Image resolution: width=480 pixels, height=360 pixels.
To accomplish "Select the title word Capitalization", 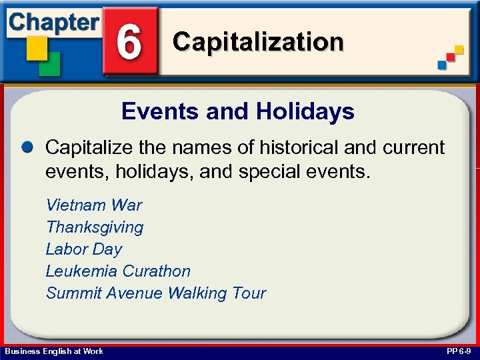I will (x=258, y=42).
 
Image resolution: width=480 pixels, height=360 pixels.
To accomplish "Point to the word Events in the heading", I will (x=161, y=111).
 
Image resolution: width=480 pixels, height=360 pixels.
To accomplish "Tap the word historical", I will (x=287, y=147).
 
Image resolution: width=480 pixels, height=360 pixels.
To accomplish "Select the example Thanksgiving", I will (x=95, y=227).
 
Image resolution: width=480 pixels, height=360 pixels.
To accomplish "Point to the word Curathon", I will (x=156, y=271).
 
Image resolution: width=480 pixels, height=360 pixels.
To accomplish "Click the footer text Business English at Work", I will (x=54, y=351).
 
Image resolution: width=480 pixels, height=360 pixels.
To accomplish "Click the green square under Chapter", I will (x=51, y=63).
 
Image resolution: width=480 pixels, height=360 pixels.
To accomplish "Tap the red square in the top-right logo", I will (x=451, y=57).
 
